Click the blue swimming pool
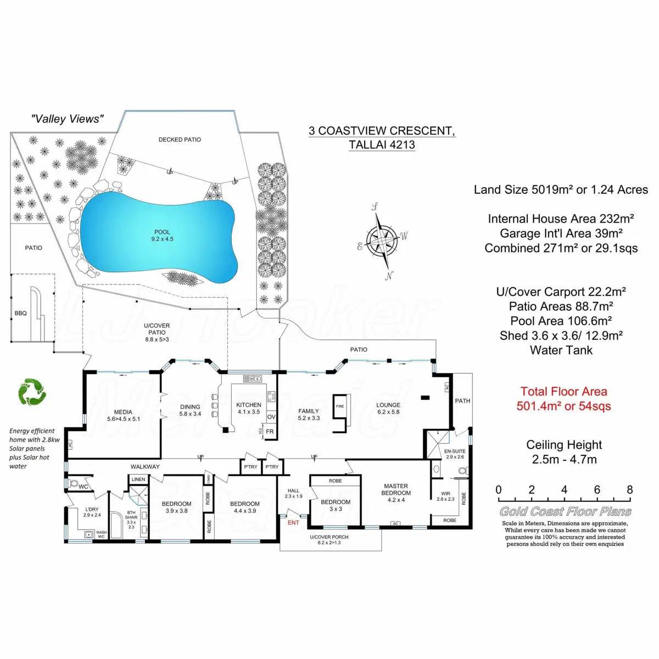click(159, 236)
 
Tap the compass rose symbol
click(383, 240)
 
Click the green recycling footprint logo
click(32, 392)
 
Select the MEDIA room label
click(123, 412)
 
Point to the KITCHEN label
click(249, 405)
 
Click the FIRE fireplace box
click(340, 406)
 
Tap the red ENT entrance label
click(293, 522)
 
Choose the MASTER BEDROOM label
click(396, 489)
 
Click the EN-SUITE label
click(455, 451)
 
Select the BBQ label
click(21, 313)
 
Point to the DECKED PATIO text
click(180, 139)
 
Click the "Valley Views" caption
click(68, 119)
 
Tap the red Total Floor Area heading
click(564, 392)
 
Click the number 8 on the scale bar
click(629, 490)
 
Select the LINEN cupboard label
click(138, 479)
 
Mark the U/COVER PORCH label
click(329, 537)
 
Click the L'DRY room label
click(92, 510)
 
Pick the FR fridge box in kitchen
click(270, 432)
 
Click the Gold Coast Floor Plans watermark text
click(565, 512)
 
